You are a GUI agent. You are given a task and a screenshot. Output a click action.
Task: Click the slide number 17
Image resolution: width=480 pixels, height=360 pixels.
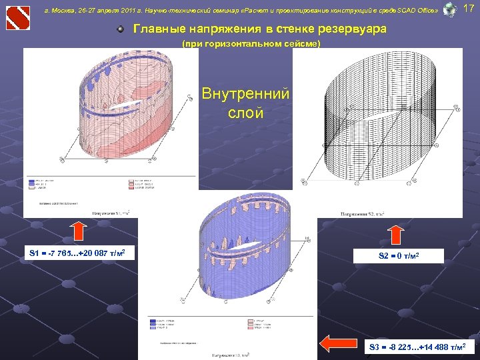coord(469,9)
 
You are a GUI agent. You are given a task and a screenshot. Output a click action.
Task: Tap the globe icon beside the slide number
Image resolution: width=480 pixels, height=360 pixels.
coord(450,9)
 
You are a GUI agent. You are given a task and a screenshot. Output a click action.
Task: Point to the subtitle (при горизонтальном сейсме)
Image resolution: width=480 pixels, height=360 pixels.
coord(251,44)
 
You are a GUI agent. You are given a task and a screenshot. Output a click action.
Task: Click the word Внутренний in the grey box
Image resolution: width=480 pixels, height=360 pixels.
coord(245,94)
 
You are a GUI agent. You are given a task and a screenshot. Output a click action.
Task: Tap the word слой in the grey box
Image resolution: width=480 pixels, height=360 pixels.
coord(245,113)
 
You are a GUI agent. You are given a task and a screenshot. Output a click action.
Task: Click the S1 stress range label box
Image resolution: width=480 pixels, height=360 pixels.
coord(79,254)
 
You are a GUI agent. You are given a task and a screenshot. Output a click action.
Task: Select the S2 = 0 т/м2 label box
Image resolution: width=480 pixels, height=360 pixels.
coord(398,255)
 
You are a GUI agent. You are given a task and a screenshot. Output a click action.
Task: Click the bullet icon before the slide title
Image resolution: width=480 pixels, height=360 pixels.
coord(120,30)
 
